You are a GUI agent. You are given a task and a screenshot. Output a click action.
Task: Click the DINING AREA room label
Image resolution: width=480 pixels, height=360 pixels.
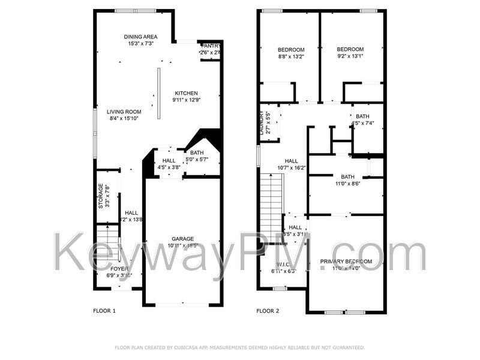tap(141, 37)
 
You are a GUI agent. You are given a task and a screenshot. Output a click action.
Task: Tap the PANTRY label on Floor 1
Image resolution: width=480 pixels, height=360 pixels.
tap(211, 46)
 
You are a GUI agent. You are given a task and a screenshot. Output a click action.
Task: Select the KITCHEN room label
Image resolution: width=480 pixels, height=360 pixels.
tap(186, 93)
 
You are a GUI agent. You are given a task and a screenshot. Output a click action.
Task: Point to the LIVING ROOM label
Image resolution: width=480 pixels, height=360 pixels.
tap(124, 112)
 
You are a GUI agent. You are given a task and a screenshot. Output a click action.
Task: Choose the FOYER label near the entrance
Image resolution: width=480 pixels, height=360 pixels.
tap(119, 268)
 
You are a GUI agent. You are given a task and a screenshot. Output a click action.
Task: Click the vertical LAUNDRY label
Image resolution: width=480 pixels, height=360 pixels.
tap(261, 122)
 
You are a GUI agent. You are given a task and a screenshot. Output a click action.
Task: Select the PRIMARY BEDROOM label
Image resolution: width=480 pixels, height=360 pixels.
tap(346, 262)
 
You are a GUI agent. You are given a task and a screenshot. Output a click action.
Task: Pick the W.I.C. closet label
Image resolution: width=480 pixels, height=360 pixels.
tap(283, 265)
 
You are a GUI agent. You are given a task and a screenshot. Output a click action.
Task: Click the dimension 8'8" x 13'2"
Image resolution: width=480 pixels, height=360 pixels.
tap(291, 57)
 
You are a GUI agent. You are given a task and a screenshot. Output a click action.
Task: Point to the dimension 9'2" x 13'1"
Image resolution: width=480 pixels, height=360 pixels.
tap(350, 57)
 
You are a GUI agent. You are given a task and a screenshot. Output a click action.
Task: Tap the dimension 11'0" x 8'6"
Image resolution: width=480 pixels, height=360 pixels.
tap(347, 184)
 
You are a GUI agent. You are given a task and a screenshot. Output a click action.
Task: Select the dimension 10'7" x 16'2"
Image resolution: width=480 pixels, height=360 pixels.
tap(292, 168)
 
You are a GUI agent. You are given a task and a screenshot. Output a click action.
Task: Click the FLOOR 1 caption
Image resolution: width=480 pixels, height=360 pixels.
tap(104, 311)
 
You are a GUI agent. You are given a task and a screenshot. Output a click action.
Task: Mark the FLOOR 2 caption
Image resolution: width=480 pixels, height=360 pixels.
tap(268, 311)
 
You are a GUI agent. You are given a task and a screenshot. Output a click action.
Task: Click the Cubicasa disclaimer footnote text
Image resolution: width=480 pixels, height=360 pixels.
tap(239, 347)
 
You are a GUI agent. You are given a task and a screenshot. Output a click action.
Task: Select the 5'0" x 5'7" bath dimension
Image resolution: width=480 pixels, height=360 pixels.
tap(197, 160)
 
